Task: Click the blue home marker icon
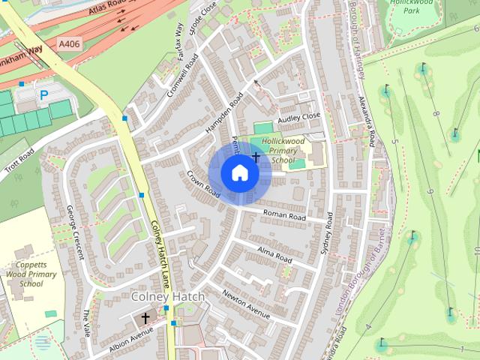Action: [239, 173]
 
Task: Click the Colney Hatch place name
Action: [167, 298]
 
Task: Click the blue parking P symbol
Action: [43, 95]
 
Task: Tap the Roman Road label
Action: [284, 216]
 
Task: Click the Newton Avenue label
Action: [246, 303]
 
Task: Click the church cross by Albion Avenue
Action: [145, 319]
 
